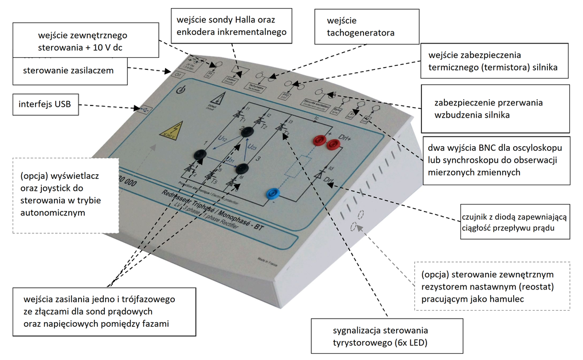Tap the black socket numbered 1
pyautogui.click(x=200, y=154)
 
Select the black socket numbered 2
pyautogui.click(x=248, y=132)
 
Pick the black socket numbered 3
pyautogui.click(x=242, y=168)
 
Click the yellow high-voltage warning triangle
pyautogui.click(x=169, y=131)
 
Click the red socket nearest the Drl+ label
pyautogui.click(x=331, y=145)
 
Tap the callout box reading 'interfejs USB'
pyautogui.click(x=45, y=105)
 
